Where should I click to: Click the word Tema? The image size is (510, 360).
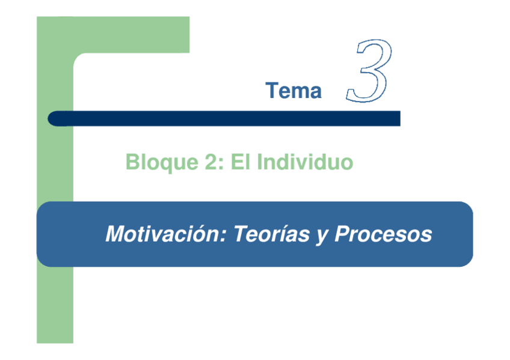[x=293, y=91]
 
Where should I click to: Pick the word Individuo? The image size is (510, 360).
[x=304, y=162]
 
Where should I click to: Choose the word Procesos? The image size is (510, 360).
[x=383, y=233]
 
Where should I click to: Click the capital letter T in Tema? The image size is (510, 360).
[x=271, y=91]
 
